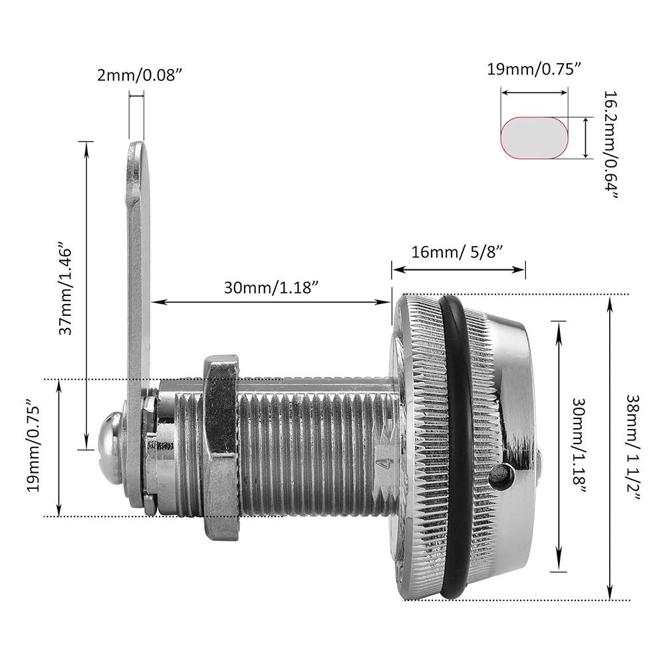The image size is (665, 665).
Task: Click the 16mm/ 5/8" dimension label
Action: click(x=457, y=251)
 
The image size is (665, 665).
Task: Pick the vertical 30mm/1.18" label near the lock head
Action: click(x=579, y=447)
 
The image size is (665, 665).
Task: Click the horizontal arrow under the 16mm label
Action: click(x=458, y=269)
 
